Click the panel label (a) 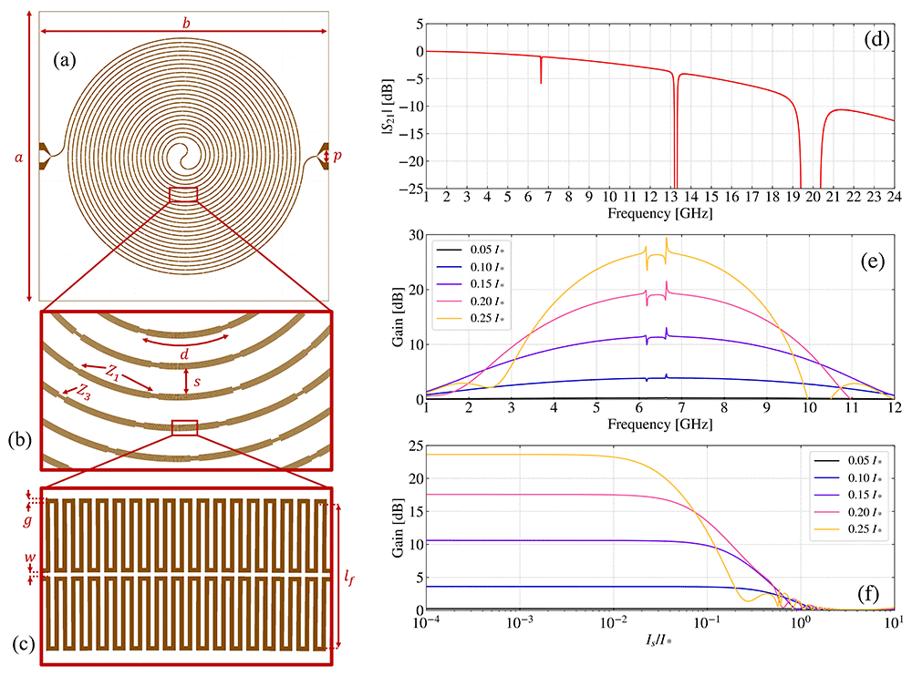click(x=65, y=60)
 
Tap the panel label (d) click(x=876, y=39)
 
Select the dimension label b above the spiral click(x=186, y=23)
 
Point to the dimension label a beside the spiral click(x=18, y=157)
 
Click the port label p click(x=337, y=156)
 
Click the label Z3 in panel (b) click(x=84, y=390)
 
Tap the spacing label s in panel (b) click(x=197, y=382)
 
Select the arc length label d click(x=184, y=353)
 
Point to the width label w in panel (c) click(x=30, y=558)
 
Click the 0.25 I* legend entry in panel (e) click(x=471, y=319)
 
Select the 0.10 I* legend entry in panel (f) click(x=847, y=477)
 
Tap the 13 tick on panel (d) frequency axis click(x=670, y=197)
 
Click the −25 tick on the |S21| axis click(x=411, y=189)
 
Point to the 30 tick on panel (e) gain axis click(x=417, y=235)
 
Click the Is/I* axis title click(x=658, y=640)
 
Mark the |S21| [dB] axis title click(x=388, y=107)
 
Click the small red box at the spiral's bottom click(x=183, y=195)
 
